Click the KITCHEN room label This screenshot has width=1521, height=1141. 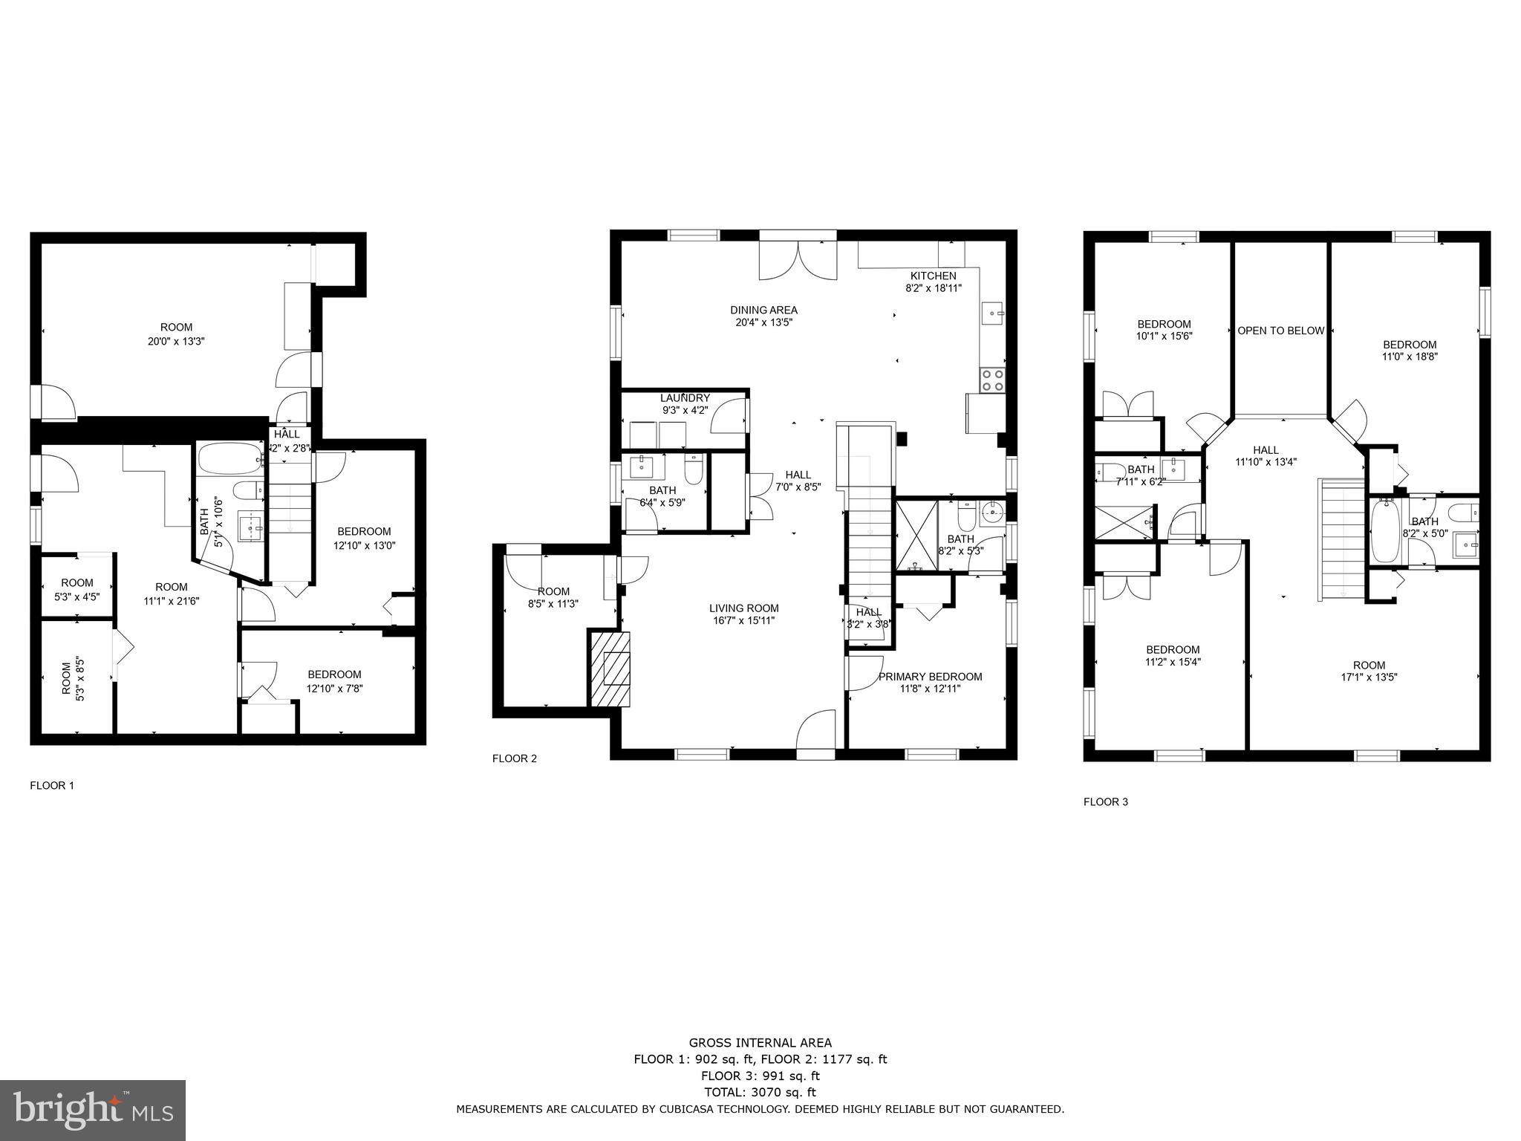click(934, 276)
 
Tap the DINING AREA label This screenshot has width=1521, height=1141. click(763, 310)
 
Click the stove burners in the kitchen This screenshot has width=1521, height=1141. click(992, 380)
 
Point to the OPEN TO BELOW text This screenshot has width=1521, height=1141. click(1280, 331)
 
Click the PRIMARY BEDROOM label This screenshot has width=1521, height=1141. click(930, 676)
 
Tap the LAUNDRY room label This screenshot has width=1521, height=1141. click(685, 397)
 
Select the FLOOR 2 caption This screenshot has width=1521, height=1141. click(514, 758)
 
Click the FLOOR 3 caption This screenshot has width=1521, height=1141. click(1105, 802)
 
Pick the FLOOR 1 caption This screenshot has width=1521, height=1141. click(52, 785)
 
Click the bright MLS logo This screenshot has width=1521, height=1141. click(93, 1111)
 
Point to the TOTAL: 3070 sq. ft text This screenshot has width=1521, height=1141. click(760, 1092)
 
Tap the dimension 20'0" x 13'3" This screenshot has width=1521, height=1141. click(176, 341)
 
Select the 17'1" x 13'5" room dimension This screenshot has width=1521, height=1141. click(1369, 677)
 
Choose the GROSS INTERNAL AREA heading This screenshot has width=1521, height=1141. click(760, 1043)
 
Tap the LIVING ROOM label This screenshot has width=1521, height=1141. click(743, 608)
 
